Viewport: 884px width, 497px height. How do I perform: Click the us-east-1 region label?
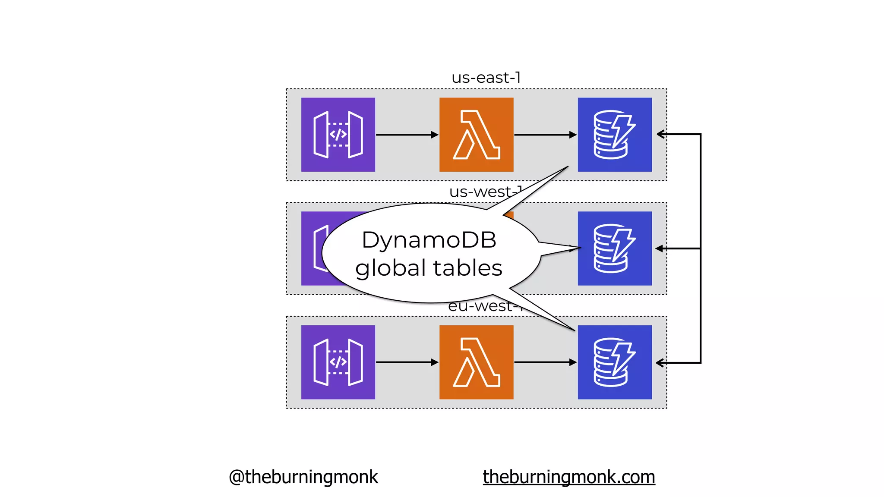tap(486, 78)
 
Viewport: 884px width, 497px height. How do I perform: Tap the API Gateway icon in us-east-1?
tap(338, 135)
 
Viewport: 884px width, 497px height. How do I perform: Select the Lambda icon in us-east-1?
tap(476, 135)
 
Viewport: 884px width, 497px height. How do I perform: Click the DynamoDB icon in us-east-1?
tap(615, 135)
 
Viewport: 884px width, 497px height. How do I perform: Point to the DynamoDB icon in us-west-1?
tap(615, 248)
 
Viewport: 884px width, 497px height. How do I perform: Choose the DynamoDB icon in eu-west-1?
tap(615, 362)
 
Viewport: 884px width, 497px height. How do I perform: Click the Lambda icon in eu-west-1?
tap(476, 362)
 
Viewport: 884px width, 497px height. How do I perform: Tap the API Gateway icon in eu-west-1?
tap(338, 362)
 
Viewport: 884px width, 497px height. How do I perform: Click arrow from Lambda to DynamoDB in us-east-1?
tap(545, 135)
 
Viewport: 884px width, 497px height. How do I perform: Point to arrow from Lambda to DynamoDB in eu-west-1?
tap(545, 362)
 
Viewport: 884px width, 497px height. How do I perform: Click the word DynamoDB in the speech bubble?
tap(429, 240)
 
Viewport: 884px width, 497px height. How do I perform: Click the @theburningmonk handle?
tap(303, 477)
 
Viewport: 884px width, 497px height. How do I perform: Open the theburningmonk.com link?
tap(569, 477)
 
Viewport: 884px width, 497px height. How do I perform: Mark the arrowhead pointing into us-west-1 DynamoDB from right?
tap(659, 248)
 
